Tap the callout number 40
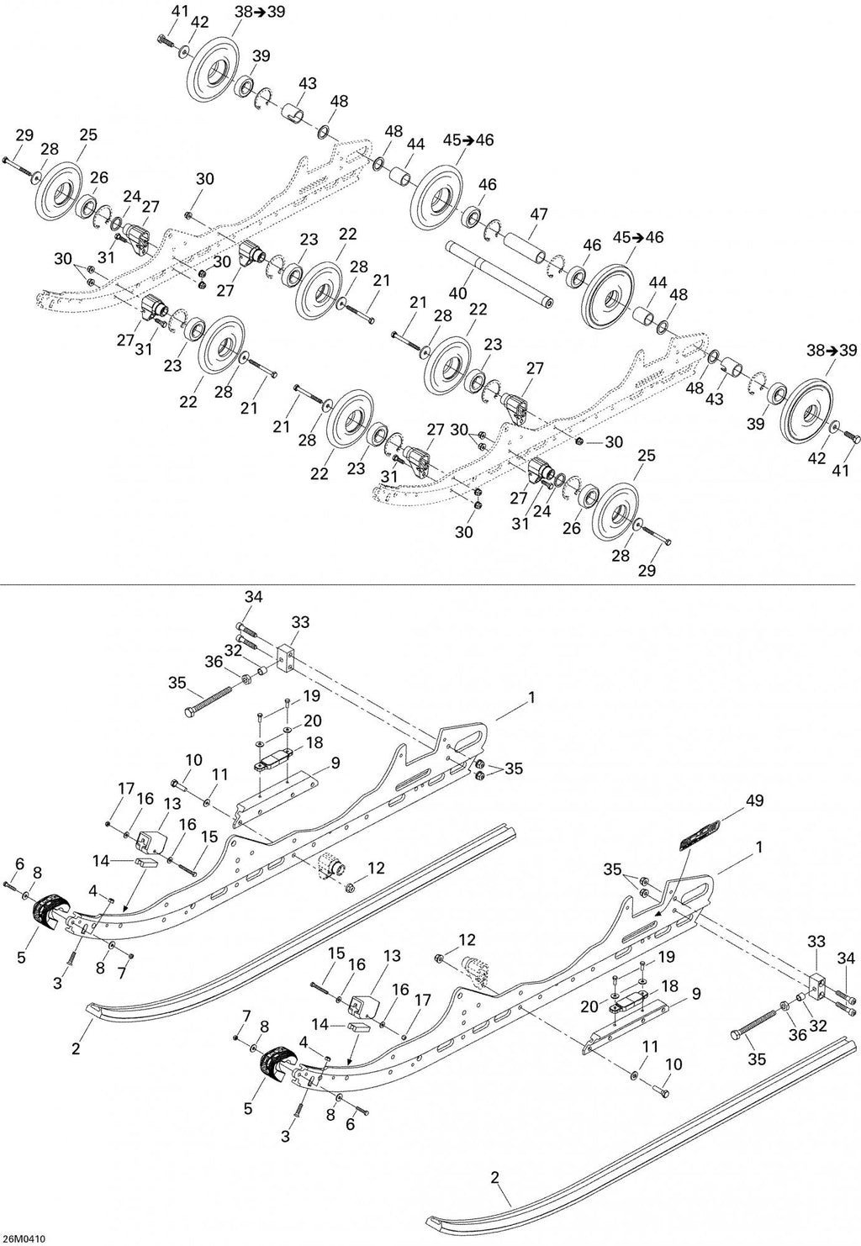(x=457, y=293)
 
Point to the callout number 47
(x=538, y=214)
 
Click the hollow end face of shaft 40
(x=549, y=304)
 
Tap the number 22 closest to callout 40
(x=478, y=309)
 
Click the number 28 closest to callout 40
(x=443, y=315)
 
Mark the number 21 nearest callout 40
(x=418, y=302)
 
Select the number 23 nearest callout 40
(x=493, y=345)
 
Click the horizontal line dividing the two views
(x=427, y=584)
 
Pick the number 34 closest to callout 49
(x=845, y=958)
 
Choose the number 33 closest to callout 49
(x=816, y=942)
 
